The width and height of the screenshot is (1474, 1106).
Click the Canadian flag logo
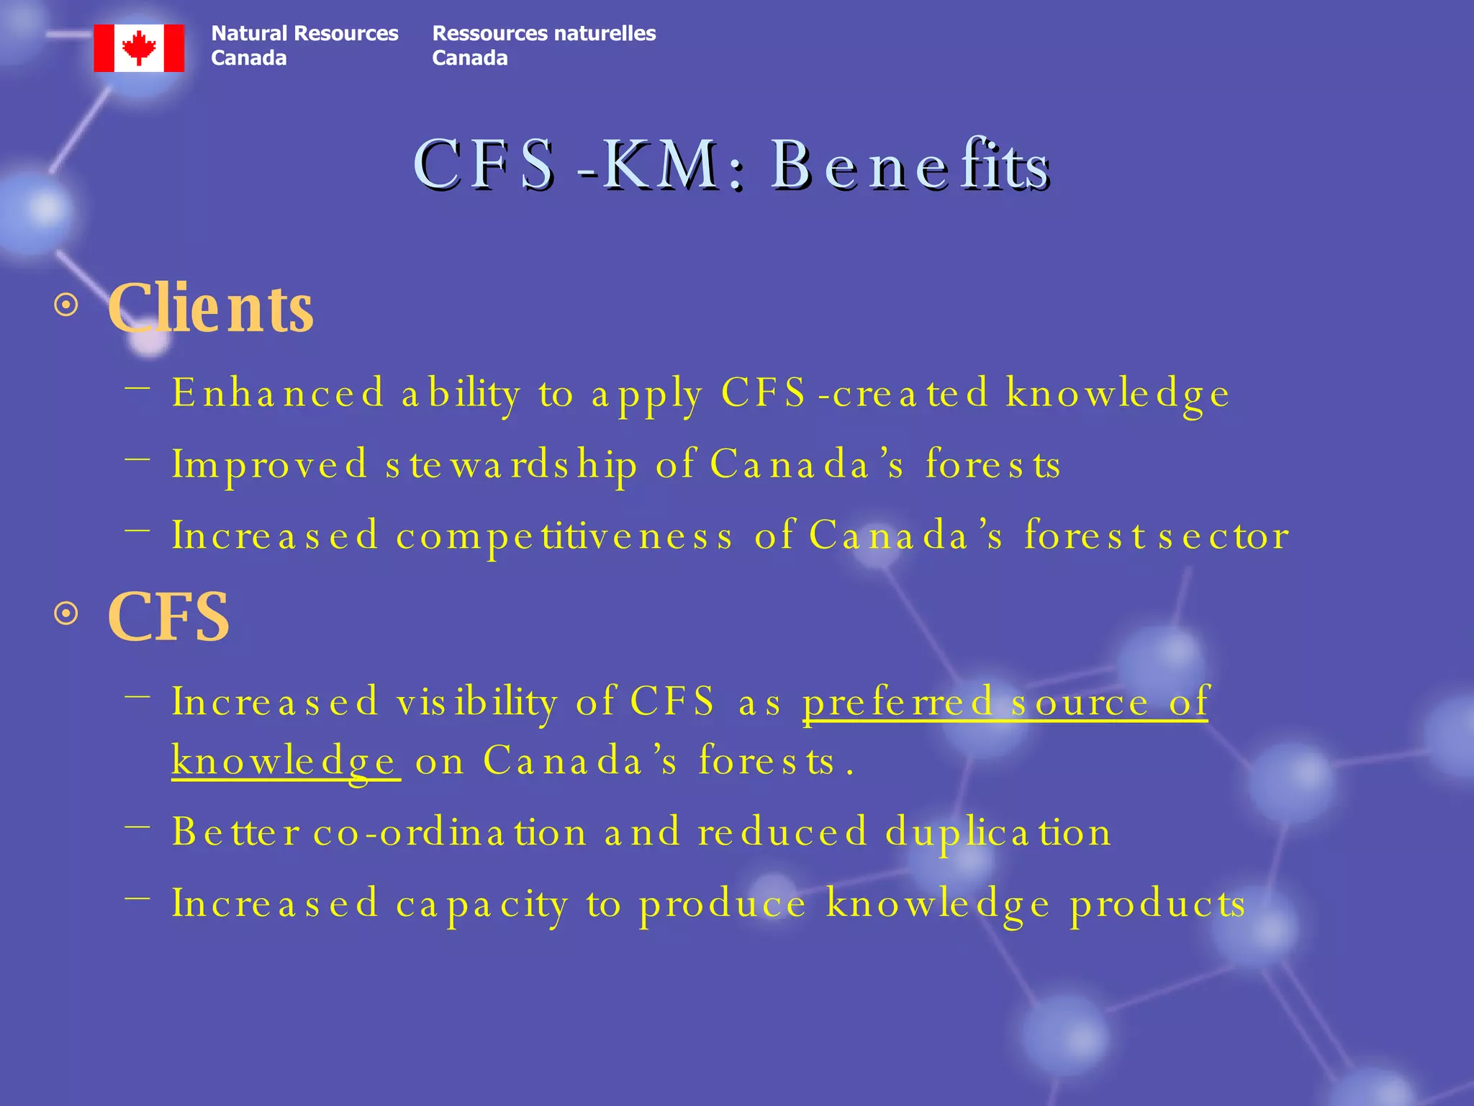(139, 48)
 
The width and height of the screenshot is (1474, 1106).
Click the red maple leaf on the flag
(139, 48)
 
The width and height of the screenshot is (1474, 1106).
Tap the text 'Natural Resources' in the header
(304, 34)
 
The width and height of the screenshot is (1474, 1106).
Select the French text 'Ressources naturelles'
(543, 34)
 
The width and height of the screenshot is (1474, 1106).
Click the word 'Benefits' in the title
(910, 166)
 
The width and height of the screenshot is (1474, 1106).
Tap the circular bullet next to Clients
(66, 305)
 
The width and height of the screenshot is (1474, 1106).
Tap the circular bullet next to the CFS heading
(66, 614)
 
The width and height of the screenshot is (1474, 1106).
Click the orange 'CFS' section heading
(168, 617)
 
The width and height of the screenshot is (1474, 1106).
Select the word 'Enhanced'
(278, 393)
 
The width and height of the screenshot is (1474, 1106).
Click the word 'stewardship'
(511, 464)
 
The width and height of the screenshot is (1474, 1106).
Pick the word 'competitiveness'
(564, 536)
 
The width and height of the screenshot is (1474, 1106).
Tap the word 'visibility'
(476, 702)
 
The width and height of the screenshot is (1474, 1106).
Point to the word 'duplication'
(998, 832)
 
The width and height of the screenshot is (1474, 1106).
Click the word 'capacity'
(482, 904)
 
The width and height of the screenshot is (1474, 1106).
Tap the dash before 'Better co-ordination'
(137, 827)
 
